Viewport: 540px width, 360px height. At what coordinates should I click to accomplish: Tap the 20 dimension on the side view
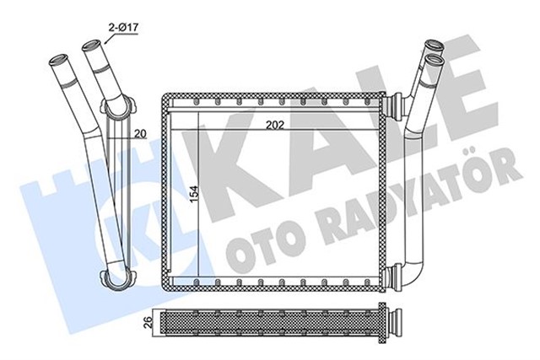(x=139, y=132)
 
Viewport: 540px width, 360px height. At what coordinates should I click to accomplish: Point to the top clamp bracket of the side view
(x=119, y=108)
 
